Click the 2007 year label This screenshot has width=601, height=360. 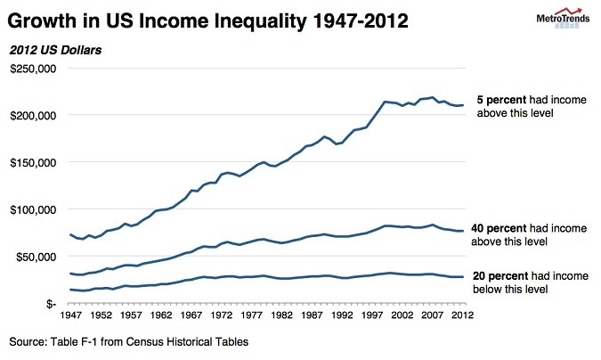pyautogui.click(x=433, y=315)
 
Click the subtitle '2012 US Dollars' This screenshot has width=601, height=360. pyautogui.click(x=55, y=50)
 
